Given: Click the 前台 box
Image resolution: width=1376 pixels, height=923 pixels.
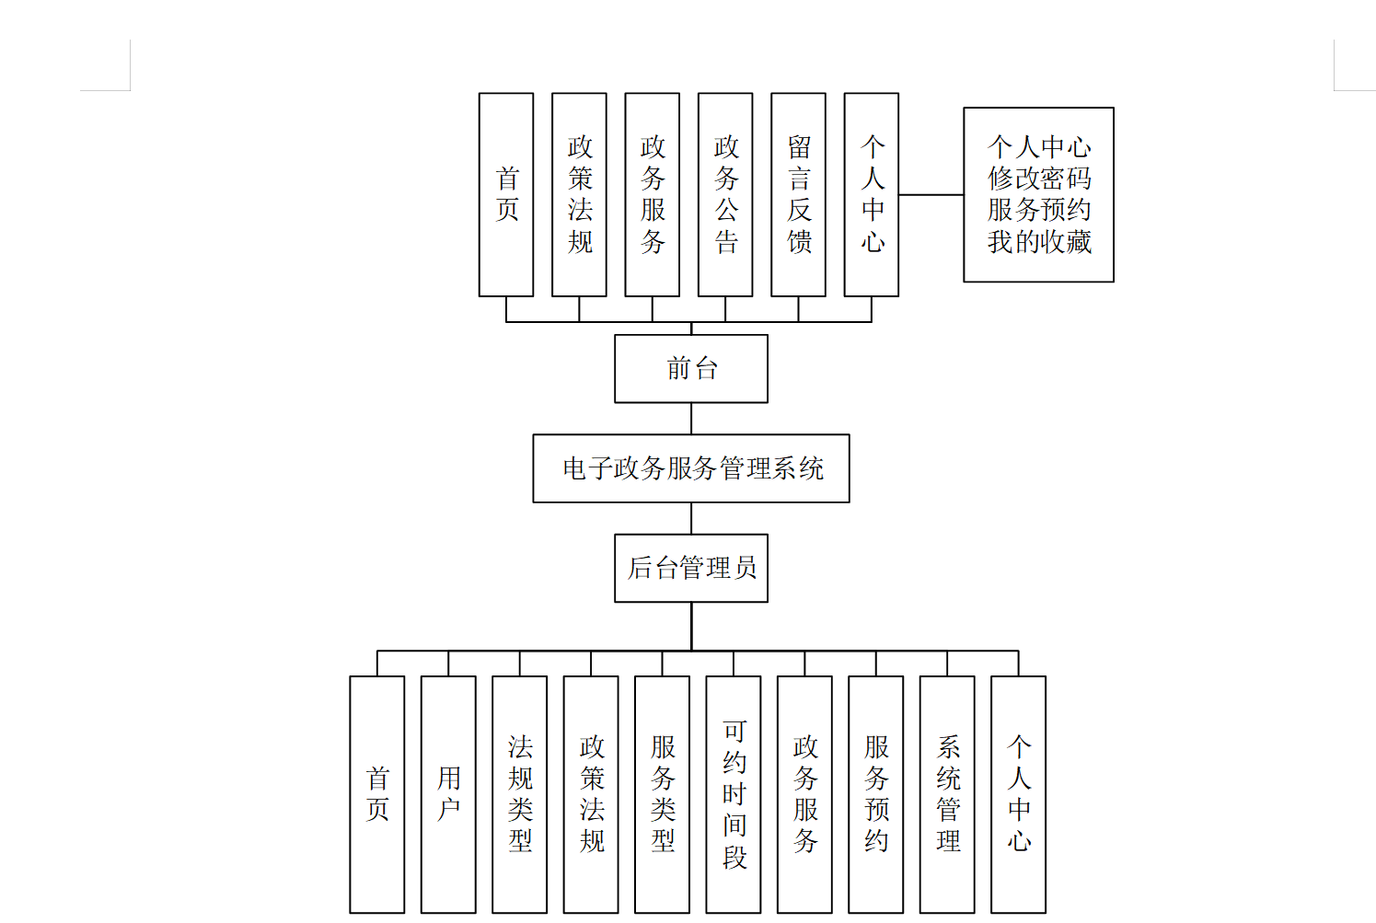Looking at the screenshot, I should (x=690, y=368).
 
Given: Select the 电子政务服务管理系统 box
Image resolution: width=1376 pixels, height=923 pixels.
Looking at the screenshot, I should (x=690, y=468).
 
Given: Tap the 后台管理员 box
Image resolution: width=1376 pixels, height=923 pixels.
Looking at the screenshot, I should (x=690, y=568).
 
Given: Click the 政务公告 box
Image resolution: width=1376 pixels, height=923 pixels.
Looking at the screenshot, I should (x=725, y=194).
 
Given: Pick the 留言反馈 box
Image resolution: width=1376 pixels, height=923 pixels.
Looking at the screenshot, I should (x=798, y=194).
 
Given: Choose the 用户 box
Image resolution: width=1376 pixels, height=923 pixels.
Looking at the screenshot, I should (x=448, y=793).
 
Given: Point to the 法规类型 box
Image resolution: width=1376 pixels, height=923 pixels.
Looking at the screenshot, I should (x=520, y=793).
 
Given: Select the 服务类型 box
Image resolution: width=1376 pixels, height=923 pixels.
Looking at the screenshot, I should (x=662, y=793).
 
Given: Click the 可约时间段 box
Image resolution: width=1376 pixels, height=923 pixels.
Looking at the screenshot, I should (x=734, y=793).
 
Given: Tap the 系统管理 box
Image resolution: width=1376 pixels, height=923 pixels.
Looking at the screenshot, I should (x=947, y=793).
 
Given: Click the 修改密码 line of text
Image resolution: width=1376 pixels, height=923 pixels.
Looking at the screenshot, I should (x=1039, y=179).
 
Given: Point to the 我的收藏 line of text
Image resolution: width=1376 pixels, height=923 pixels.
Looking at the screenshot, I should (x=1039, y=242).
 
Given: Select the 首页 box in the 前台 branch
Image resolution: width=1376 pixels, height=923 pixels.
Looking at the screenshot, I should (x=506, y=194).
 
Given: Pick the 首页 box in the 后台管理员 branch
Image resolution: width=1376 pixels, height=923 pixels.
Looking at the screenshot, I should (x=377, y=793).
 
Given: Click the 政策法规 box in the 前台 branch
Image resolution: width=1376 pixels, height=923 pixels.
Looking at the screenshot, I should (x=579, y=194).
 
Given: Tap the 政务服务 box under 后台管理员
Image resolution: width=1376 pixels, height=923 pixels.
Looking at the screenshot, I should (x=804, y=793).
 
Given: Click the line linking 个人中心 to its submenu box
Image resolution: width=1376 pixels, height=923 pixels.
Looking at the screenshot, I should (x=931, y=195).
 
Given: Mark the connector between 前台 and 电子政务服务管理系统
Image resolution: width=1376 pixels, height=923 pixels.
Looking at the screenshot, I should (x=691, y=419).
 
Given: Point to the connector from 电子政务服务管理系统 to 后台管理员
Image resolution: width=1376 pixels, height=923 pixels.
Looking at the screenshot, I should (x=691, y=518).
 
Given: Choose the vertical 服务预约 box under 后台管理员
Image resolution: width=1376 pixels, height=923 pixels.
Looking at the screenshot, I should (x=876, y=793).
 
